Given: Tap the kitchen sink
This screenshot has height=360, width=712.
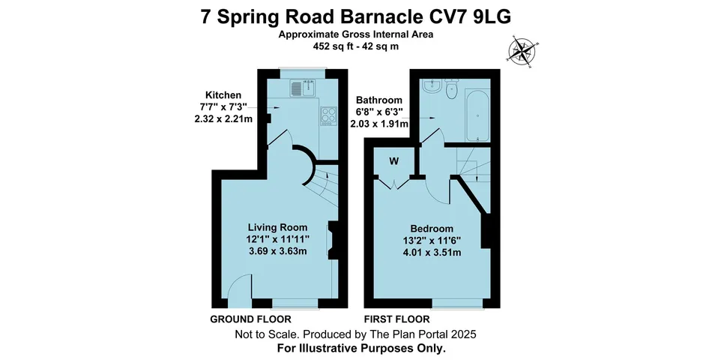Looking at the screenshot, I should (297, 89).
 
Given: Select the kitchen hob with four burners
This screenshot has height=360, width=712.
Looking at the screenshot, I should (328, 115).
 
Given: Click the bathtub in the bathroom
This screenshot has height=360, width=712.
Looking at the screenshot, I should (477, 116).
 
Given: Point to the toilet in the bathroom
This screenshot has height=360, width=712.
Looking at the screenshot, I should (451, 90).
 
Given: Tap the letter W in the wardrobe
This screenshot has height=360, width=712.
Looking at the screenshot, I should (394, 160).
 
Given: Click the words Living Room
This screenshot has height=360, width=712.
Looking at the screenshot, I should (278, 227).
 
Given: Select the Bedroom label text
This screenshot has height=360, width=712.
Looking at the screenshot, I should (431, 229).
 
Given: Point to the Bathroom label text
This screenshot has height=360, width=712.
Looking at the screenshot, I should (378, 100).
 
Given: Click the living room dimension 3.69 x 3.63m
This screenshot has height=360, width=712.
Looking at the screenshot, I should (278, 251).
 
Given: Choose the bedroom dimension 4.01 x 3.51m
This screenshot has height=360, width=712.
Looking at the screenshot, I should (431, 253).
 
